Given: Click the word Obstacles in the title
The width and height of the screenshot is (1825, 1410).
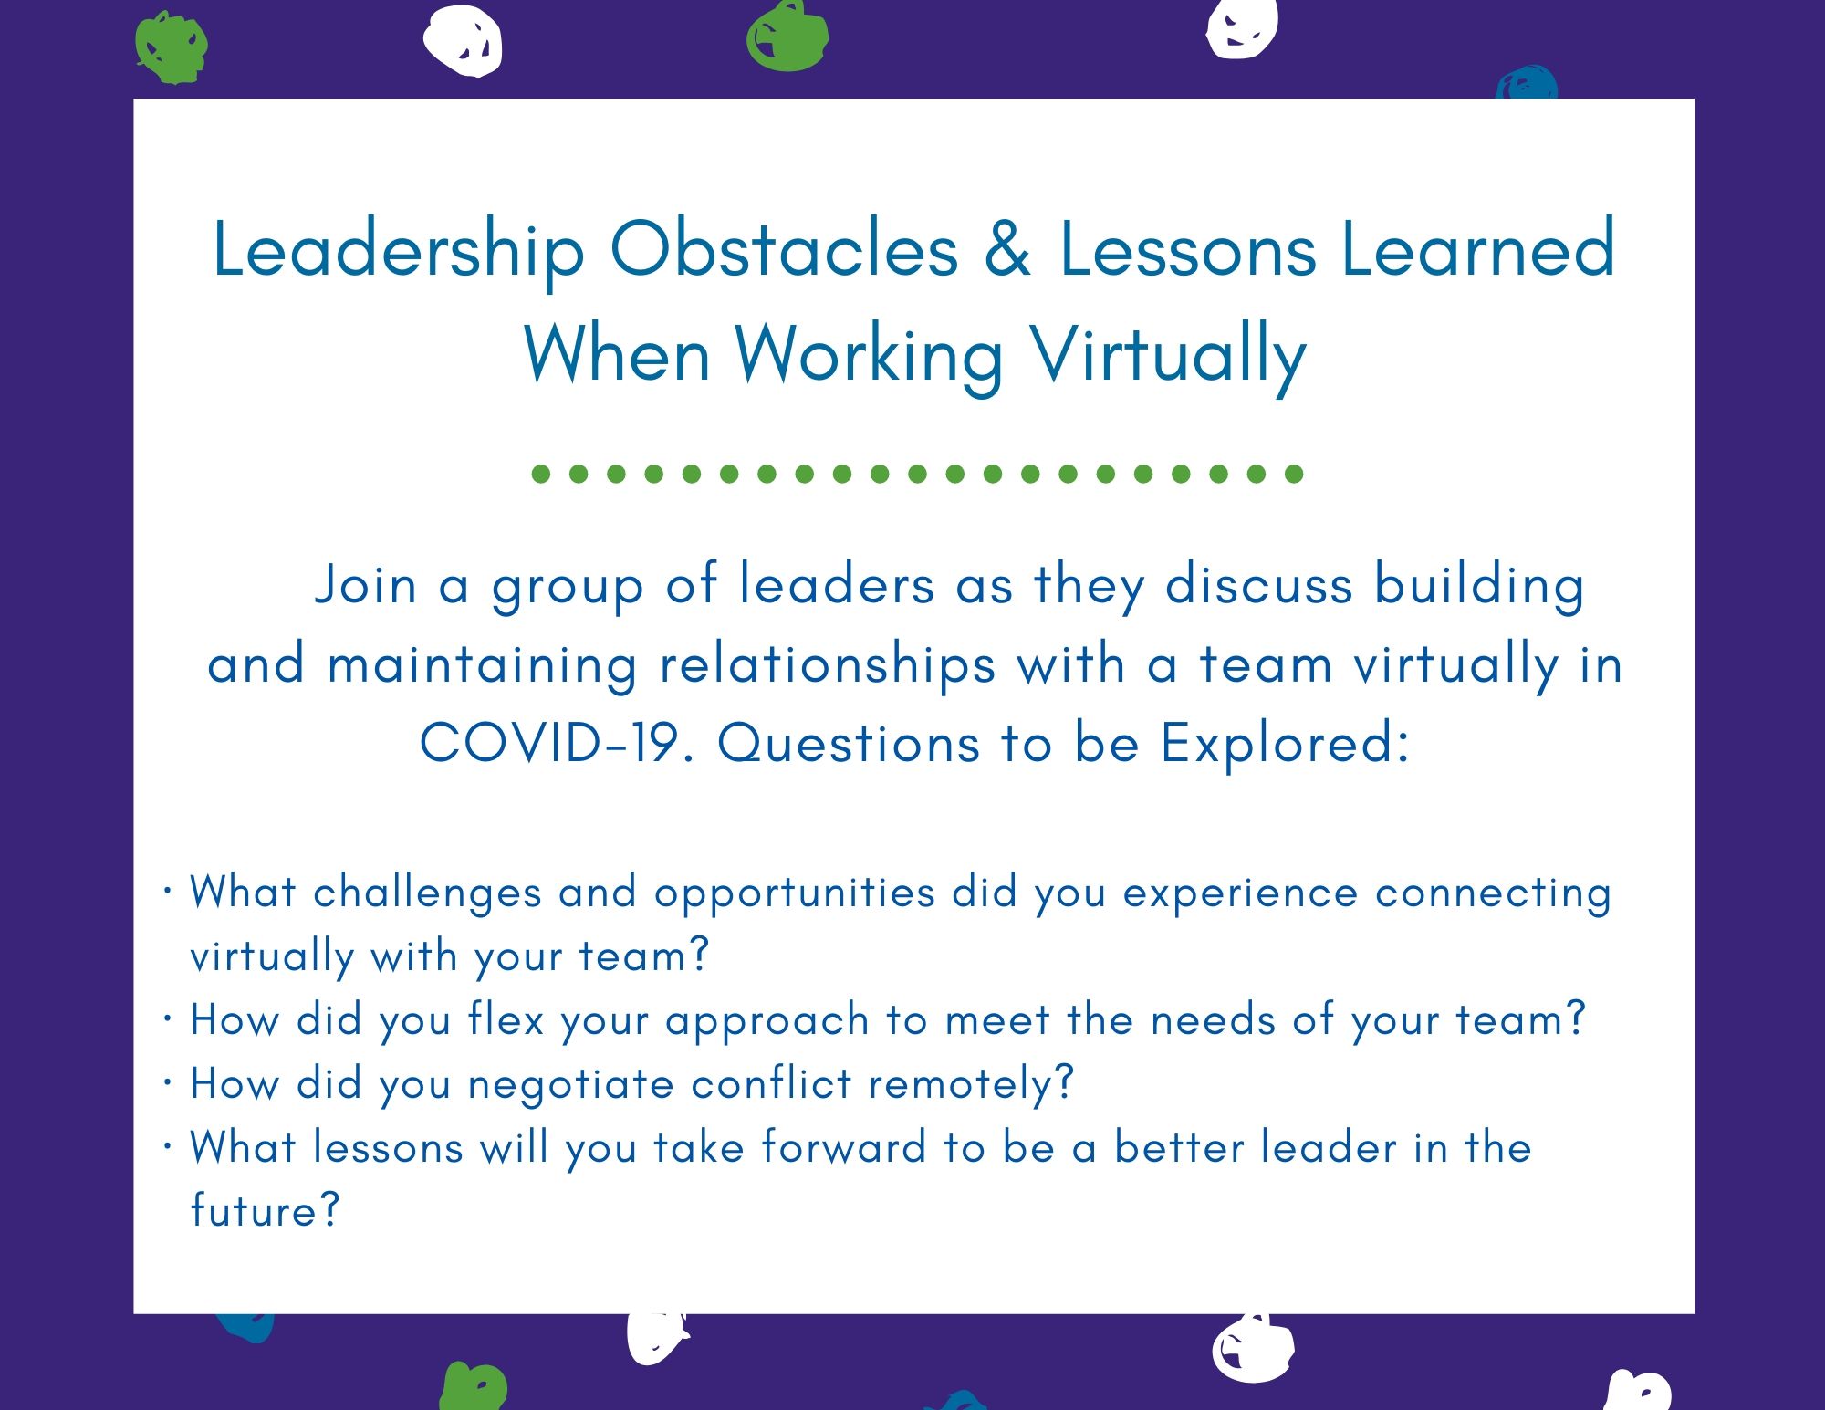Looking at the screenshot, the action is click(784, 248).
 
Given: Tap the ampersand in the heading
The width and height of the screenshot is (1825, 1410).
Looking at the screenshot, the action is click(1007, 248).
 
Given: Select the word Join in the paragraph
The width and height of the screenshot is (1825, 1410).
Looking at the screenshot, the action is click(365, 585).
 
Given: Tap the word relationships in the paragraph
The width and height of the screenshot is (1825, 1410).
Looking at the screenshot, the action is click(827, 665).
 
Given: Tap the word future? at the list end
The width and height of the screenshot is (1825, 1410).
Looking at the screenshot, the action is click(265, 1211).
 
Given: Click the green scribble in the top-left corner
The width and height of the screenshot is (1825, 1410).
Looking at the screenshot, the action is click(171, 47).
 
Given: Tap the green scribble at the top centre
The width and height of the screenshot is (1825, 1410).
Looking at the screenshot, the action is click(787, 37).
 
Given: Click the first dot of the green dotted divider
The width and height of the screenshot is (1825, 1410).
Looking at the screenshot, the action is click(541, 474).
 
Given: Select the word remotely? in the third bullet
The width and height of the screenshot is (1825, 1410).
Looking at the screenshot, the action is click(971, 1085).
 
